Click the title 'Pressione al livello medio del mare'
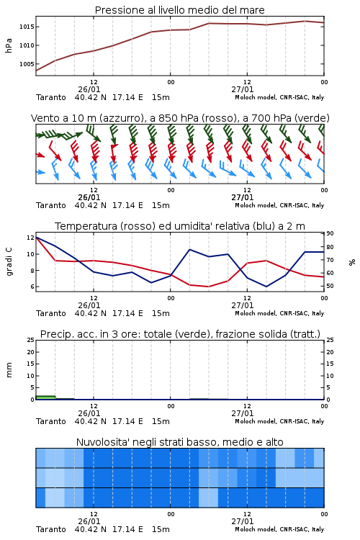tap(179, 10)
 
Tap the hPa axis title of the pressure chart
tap(9, 45)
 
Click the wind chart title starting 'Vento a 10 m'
tap(180, 118)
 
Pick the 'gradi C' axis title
tap(9, 261)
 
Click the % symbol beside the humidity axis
tap(352, 262)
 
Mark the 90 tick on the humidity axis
tap(330, 233)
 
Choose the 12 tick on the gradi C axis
tap(30, 238)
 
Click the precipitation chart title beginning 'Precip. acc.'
tap(180, 334)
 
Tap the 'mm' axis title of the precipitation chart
tap(9, 370)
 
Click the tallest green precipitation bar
tap(45, 397)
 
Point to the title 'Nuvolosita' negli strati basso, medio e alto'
tap(179, 442)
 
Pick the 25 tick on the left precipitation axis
tap(31, 340)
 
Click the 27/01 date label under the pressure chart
tap(243, 89)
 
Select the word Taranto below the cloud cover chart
tap(51, 529)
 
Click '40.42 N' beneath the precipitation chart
tap(90, 421)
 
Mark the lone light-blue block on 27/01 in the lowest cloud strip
tap(208, 498)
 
